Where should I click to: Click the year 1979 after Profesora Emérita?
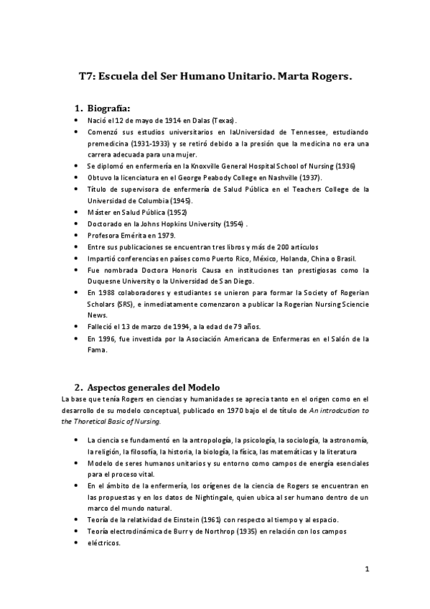coord(162,235)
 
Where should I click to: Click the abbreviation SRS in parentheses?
coord(123,304)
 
